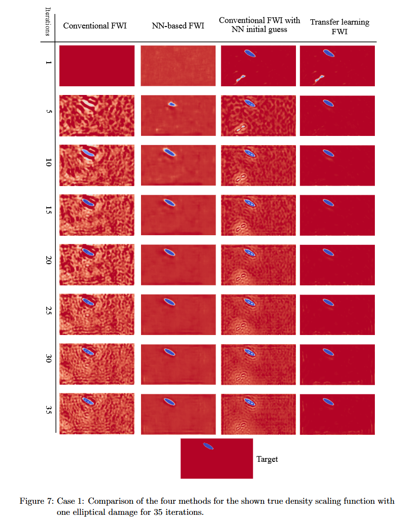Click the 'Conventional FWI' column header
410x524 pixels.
(95, 26)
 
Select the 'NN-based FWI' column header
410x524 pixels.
(178, 26)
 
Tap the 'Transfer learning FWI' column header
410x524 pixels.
(339, 26)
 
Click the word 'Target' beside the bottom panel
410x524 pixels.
(267, 459)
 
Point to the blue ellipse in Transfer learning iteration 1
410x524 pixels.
(328, 53)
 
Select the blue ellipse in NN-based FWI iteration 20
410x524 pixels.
(169, 252)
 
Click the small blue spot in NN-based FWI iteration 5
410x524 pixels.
(172, 104)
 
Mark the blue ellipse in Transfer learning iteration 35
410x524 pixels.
(328, 401)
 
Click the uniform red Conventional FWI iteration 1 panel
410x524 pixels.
(96, 66)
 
